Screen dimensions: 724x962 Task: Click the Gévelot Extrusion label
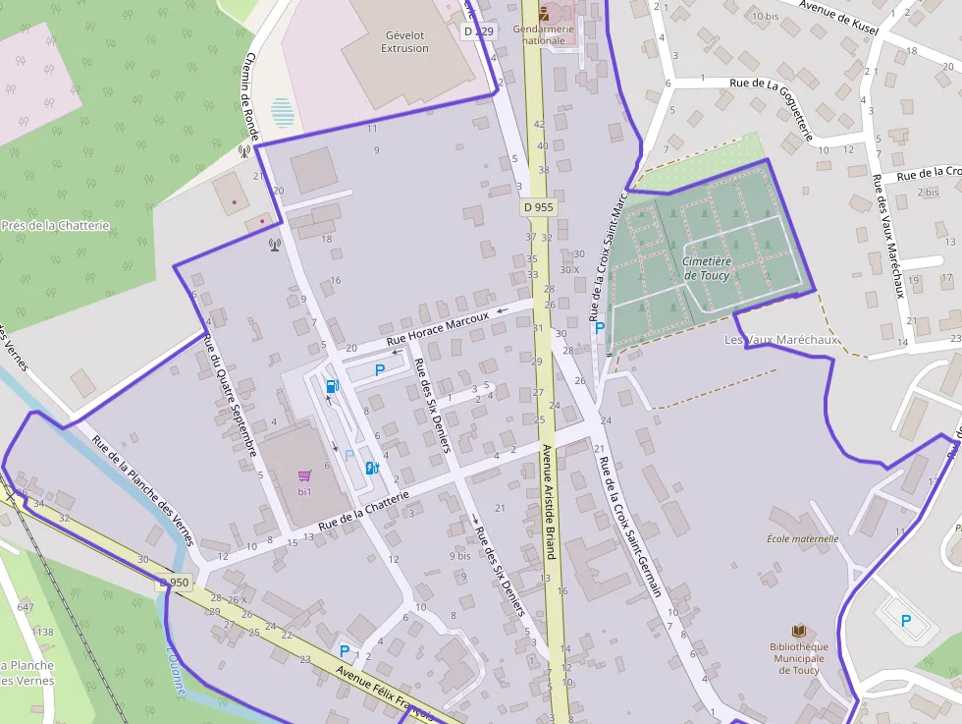404,41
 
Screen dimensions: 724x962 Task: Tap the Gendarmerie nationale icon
545,13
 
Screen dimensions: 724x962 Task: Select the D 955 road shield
538,207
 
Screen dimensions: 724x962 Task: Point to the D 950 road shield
173,583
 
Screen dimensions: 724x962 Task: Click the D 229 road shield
479,31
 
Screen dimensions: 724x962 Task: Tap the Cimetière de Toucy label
707,268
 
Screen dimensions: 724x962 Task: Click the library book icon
799,630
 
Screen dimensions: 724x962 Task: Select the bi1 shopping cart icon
304,475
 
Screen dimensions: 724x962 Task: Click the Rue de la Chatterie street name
363,508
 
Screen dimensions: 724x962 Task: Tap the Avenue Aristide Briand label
548,501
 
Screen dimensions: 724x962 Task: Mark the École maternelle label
802,538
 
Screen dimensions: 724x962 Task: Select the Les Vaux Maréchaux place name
781,340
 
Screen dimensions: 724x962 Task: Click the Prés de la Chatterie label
55,226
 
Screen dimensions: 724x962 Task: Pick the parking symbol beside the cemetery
600,328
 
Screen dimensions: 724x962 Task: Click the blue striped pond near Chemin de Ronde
283,112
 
